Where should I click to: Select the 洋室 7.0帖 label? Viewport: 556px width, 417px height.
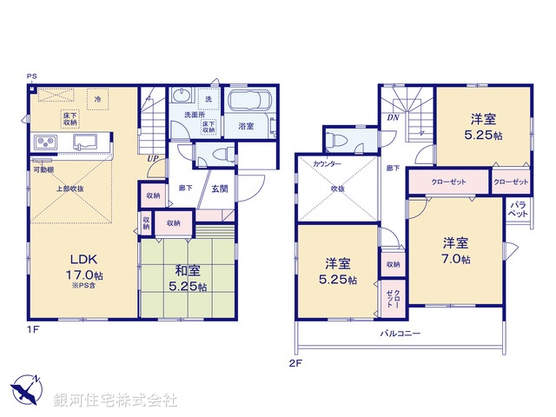tap(453, 251)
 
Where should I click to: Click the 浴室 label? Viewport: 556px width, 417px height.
tap(246, 126)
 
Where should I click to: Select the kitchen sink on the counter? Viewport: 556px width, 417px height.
tap(85, 141)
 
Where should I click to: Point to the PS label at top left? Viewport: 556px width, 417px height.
tap(31, 76)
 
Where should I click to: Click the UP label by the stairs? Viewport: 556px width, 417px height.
tap(152, 159)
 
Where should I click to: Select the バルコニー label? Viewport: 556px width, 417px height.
tap(400, 333)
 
